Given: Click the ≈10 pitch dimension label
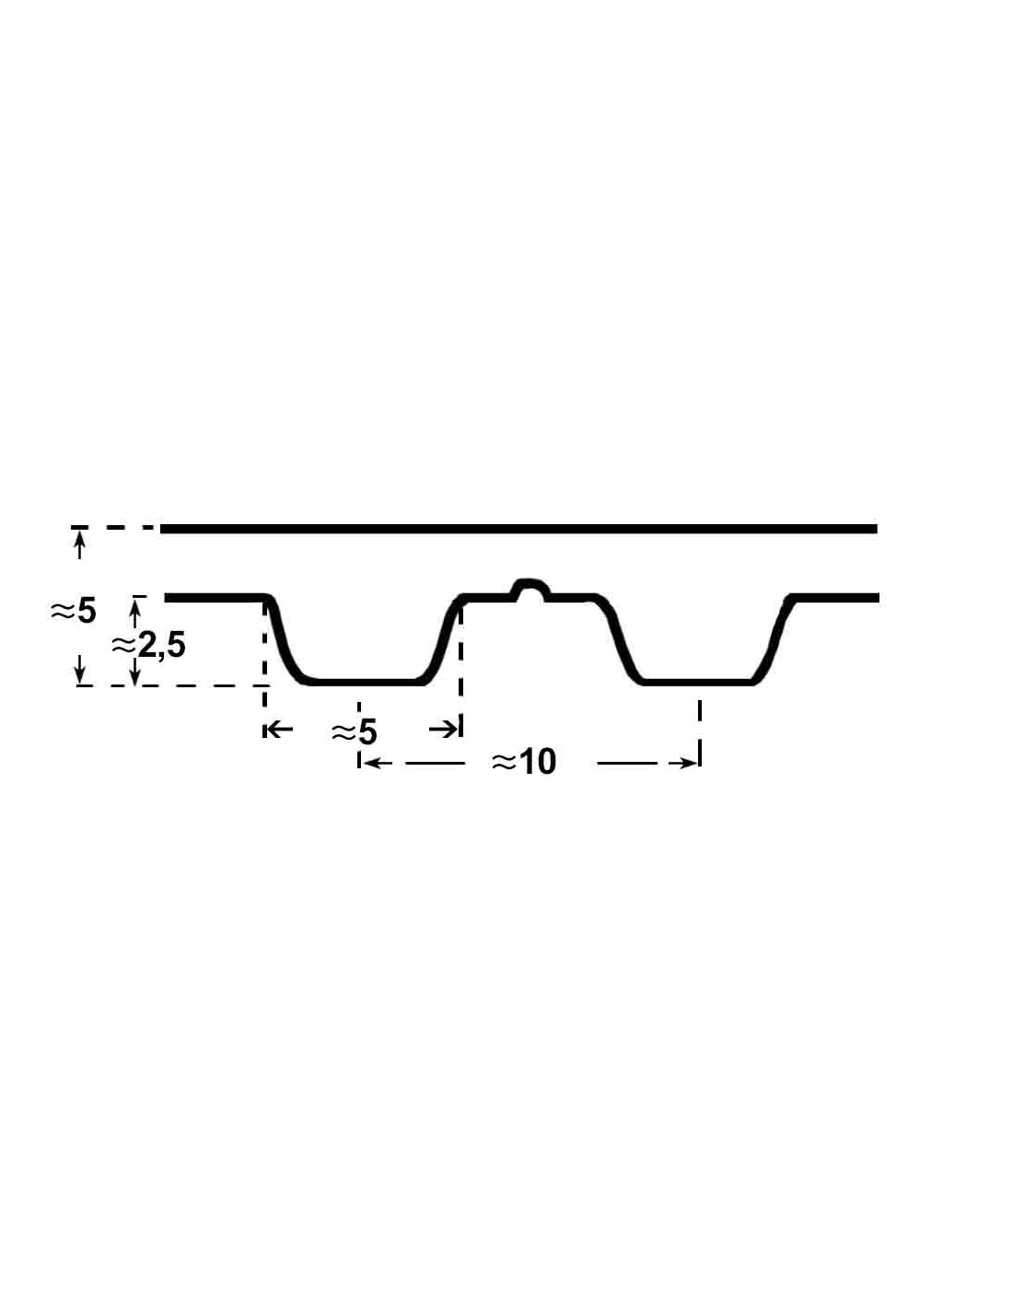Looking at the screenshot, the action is [523, 763].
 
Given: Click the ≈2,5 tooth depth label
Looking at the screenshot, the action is [148, 647].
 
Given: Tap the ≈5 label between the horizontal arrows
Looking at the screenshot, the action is [354, 732].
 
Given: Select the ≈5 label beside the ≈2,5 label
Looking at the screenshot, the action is [73, 612].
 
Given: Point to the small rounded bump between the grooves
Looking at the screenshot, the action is [530, 589].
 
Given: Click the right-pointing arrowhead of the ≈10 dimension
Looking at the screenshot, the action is [688, 764].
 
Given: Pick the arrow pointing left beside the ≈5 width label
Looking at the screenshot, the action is [279, 730].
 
